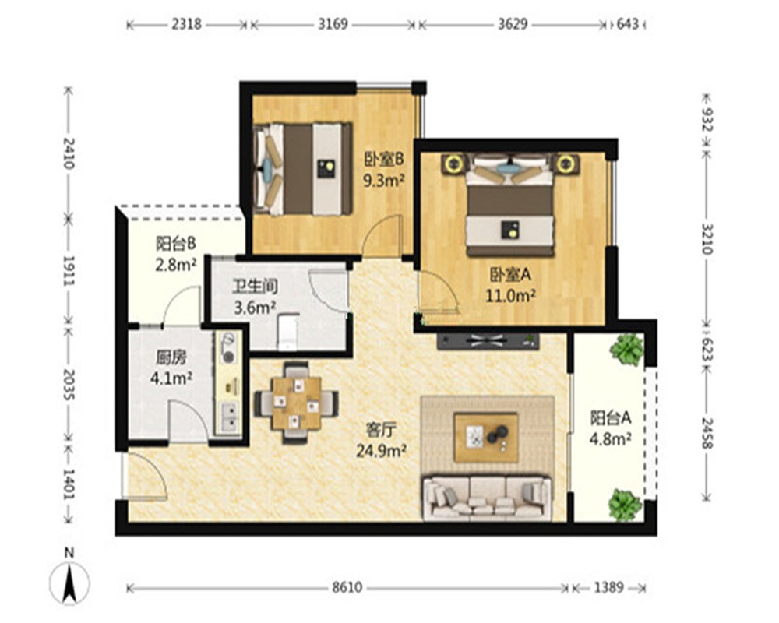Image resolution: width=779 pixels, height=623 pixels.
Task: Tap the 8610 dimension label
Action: [347, 588]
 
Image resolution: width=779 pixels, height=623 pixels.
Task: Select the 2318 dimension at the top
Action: [187, 24]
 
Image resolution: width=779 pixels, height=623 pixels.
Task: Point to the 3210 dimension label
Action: [707, 238]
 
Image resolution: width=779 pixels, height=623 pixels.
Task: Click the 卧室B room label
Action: [383, 159]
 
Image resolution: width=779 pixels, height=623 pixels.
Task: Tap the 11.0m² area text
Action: [510, 296]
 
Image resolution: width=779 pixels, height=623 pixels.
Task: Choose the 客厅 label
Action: [381, 430]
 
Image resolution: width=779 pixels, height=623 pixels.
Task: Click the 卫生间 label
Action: [255, 287]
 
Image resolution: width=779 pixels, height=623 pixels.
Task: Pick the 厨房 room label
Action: [171, 357]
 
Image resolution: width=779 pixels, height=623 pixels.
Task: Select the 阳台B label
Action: [175, 244]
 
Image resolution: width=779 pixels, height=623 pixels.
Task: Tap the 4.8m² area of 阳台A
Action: [611, 439]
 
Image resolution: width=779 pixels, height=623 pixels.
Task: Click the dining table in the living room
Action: [297, 403]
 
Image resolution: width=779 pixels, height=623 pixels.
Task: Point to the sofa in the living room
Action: [487, 498]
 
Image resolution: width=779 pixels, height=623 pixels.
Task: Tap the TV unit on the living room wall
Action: [488, 341]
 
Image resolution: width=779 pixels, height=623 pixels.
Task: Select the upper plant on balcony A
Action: [627, 349]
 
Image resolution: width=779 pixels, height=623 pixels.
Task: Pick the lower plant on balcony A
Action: [625, 505]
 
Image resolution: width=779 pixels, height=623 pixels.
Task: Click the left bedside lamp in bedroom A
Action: [453, 163]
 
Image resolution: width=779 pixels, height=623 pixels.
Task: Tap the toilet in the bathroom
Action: [287, 330]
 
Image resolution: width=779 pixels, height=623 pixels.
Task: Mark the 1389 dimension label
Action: [608, 588]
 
